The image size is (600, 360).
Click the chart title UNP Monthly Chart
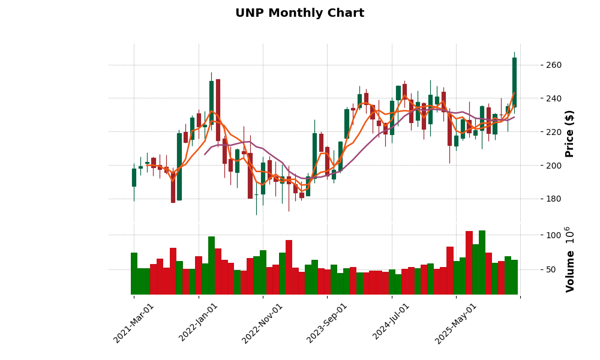click(x=299, y=13)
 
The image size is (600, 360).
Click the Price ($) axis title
click(x=569, y=133)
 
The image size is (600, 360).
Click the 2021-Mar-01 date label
click(x=134, y=323)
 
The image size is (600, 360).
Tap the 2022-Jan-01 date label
click(x=199, y=323)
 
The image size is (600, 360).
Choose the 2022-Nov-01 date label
click(x=262, y=323)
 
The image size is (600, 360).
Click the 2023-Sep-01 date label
click(x=327, y=323)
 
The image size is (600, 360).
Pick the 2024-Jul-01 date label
click(x=391, y=323)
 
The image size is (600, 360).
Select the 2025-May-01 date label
click(x=455, y=323)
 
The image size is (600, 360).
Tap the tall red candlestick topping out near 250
click(x=218, y=110)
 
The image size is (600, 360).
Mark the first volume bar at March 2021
click(x=134, y=274)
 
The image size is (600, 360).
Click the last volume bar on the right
click(x=514, y=277)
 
